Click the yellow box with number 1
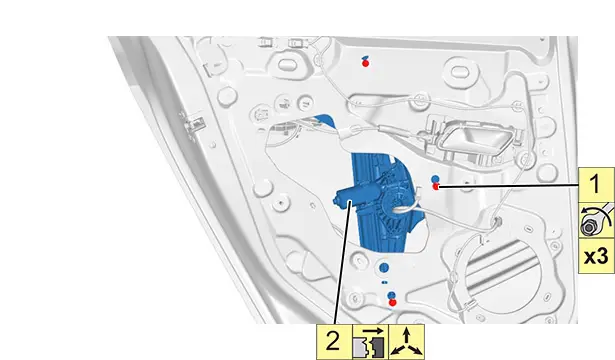point(596,185)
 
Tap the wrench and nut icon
point(596,220)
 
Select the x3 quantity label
point(596,256)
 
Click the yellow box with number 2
point(334,342)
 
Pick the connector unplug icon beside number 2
point(370,342)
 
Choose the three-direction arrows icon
point(406,342)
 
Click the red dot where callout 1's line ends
point(435,186)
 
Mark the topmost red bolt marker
point(366,63)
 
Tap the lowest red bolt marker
point(392,302)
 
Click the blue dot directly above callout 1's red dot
point(435,179)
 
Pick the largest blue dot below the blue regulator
point(384,268)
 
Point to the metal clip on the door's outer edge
point(192,125)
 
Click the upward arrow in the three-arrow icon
point(406,334)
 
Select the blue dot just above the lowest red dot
point(391,295)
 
